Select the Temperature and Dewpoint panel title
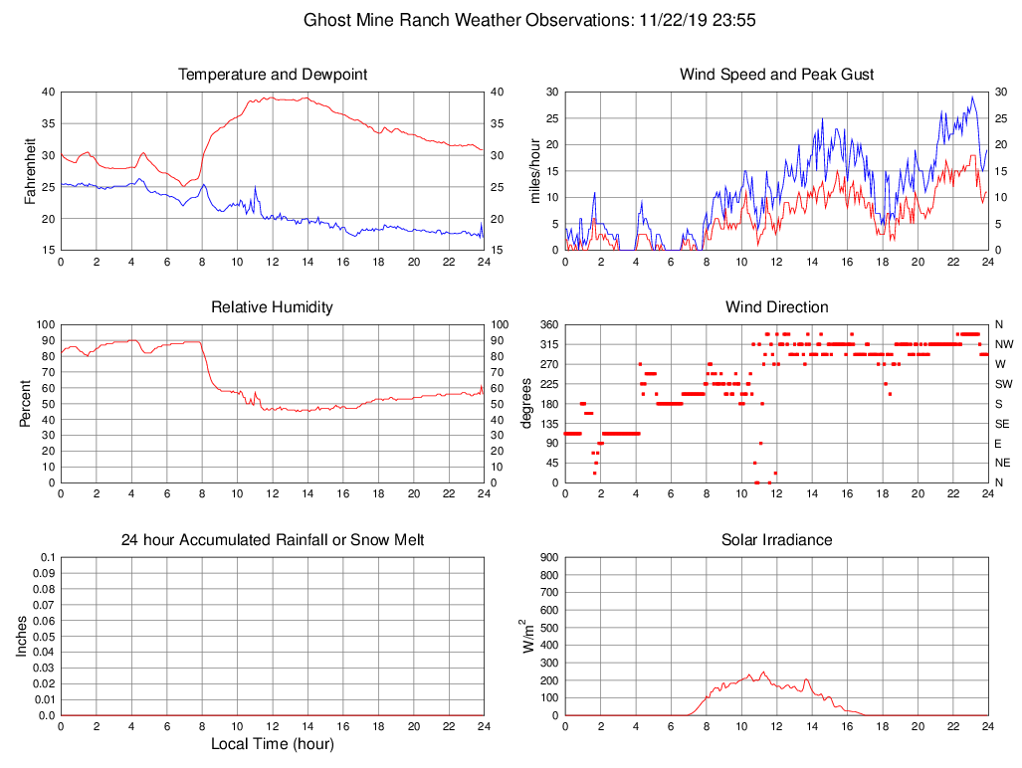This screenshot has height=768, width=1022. tap(273, 75)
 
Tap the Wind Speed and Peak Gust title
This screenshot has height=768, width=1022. tap(776, 75)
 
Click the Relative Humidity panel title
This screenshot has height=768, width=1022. tap(273, 307)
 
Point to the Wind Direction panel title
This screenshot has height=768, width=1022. tap(776, 307)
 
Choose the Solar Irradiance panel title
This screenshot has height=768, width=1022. tap(776, 540)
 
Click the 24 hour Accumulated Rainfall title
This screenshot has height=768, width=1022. tap(273, 540)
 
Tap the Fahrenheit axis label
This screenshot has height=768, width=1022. tap(30, 170)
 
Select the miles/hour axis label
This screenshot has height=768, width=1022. tap(534, 170)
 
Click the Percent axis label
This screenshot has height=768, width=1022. tap(26, 403)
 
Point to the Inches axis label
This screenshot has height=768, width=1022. tap(22, 636)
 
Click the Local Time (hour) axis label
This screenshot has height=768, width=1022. tap(273, 743)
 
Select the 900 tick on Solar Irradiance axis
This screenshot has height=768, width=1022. tap(548, 557)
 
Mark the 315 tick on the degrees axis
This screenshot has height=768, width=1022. tap(547, 344)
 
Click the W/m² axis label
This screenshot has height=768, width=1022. tap(529, 635)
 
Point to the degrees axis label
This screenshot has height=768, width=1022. tap(527, 403)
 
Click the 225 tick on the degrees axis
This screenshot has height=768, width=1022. tap(547, 384)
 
